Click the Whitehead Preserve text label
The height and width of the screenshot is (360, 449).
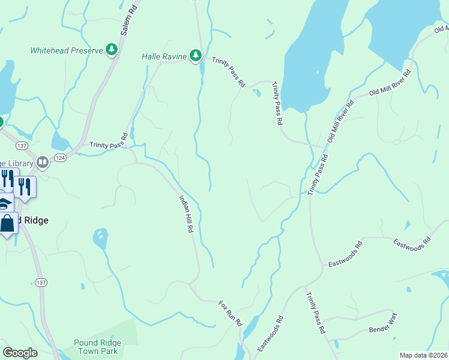tap(67, 50)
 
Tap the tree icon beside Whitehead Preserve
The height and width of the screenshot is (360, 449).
tap(111, 49)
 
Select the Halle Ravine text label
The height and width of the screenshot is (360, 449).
tap(163, 56)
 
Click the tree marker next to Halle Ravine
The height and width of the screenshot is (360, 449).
tap(195, 56)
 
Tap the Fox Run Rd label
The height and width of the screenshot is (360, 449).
tap(230, 313)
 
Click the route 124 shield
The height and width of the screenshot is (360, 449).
tap(60, 157)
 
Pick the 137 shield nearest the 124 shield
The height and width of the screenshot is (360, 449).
tap(22, 146)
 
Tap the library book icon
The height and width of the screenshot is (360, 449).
tap(42, 162)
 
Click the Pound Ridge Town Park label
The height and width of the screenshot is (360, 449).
tap(98, 347)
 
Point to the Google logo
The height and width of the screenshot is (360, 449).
tap(20, 353)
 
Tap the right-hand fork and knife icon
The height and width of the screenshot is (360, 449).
tap(24, 186)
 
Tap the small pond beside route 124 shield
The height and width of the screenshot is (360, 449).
tap(60, 142)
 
